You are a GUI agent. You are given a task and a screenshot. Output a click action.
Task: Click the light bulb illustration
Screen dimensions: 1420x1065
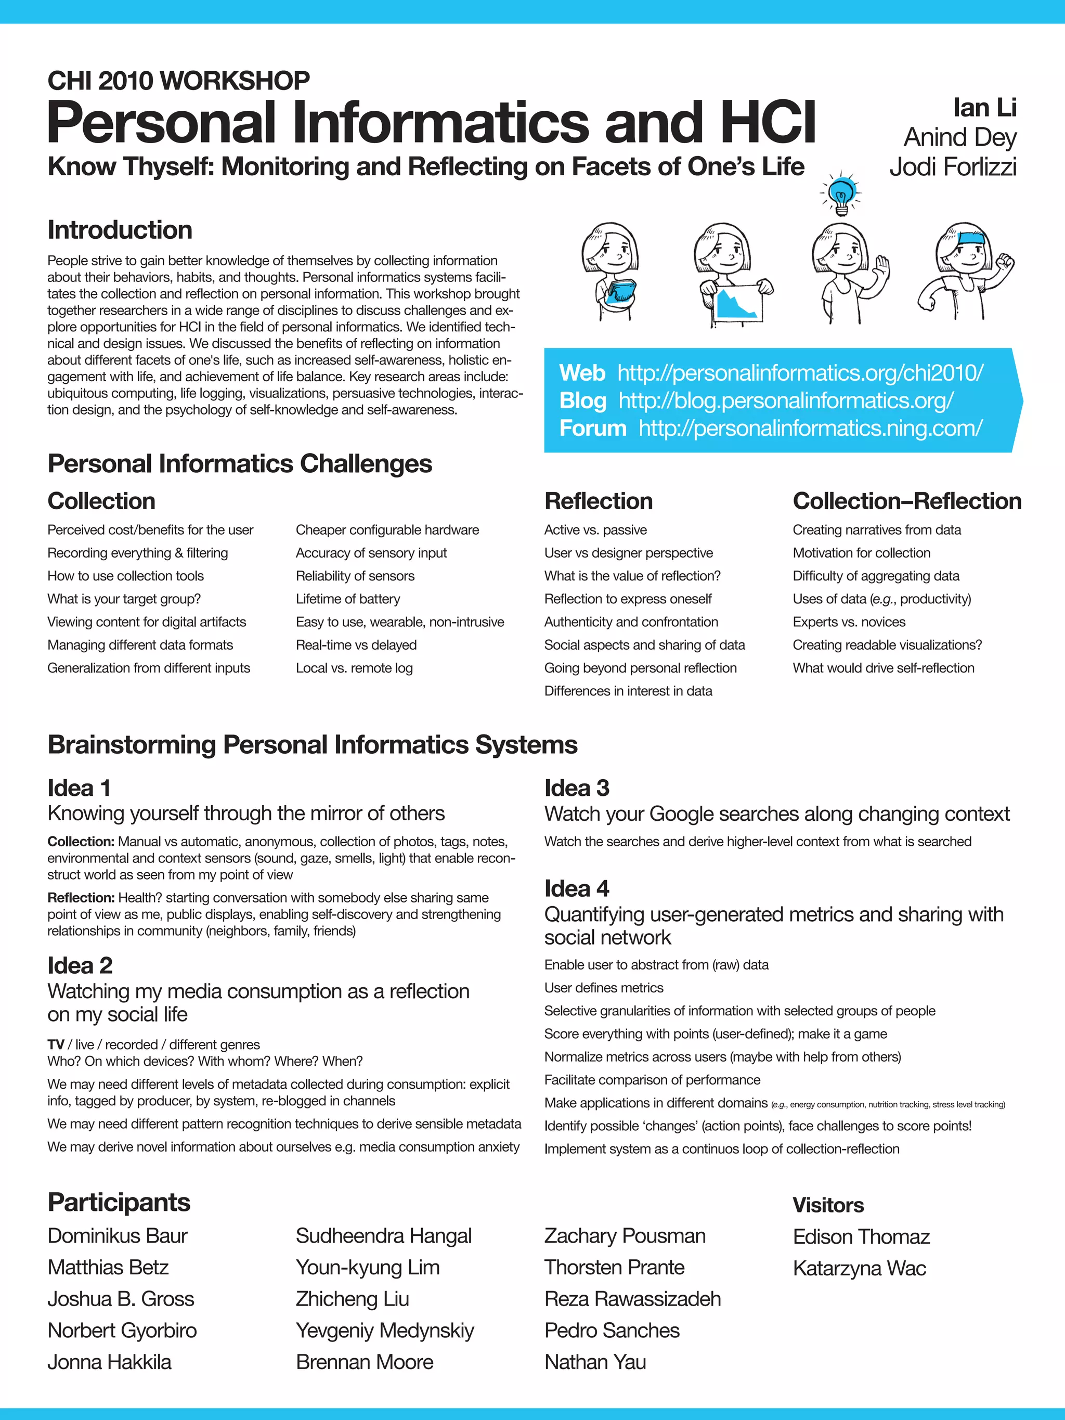[x=840, y=195]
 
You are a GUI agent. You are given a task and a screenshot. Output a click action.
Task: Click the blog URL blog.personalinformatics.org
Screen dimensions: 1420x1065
[x=786, y=401]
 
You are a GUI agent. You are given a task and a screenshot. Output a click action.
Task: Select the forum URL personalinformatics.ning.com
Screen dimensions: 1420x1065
[x=810, y=428]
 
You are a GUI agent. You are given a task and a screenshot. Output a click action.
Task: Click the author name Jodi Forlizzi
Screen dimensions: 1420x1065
[x=953, y=167]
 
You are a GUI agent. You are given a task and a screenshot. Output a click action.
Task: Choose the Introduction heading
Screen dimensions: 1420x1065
[x=120, y=230]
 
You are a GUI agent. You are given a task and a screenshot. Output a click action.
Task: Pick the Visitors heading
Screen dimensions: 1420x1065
[x=828, y=1205]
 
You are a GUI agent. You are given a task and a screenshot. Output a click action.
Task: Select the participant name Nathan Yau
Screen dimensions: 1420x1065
[x=595, y=1362]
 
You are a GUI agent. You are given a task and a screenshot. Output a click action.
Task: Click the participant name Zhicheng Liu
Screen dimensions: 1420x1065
[x=353, y=1299]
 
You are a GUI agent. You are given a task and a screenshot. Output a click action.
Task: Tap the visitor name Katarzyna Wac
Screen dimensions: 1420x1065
[x=859, y=1268]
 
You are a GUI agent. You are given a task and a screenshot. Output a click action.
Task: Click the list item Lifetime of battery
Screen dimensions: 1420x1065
[x=348, y=599]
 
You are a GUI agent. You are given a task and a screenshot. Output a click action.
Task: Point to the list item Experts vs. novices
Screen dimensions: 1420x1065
[x=849, y=622]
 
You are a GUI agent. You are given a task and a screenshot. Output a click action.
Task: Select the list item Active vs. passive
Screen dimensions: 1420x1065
[x=595, y=530]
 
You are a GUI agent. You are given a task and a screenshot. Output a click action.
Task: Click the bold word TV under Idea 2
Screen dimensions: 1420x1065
[x=56, y=1044]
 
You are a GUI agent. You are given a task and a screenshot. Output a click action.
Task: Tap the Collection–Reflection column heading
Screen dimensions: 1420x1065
[x=906, y=501]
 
